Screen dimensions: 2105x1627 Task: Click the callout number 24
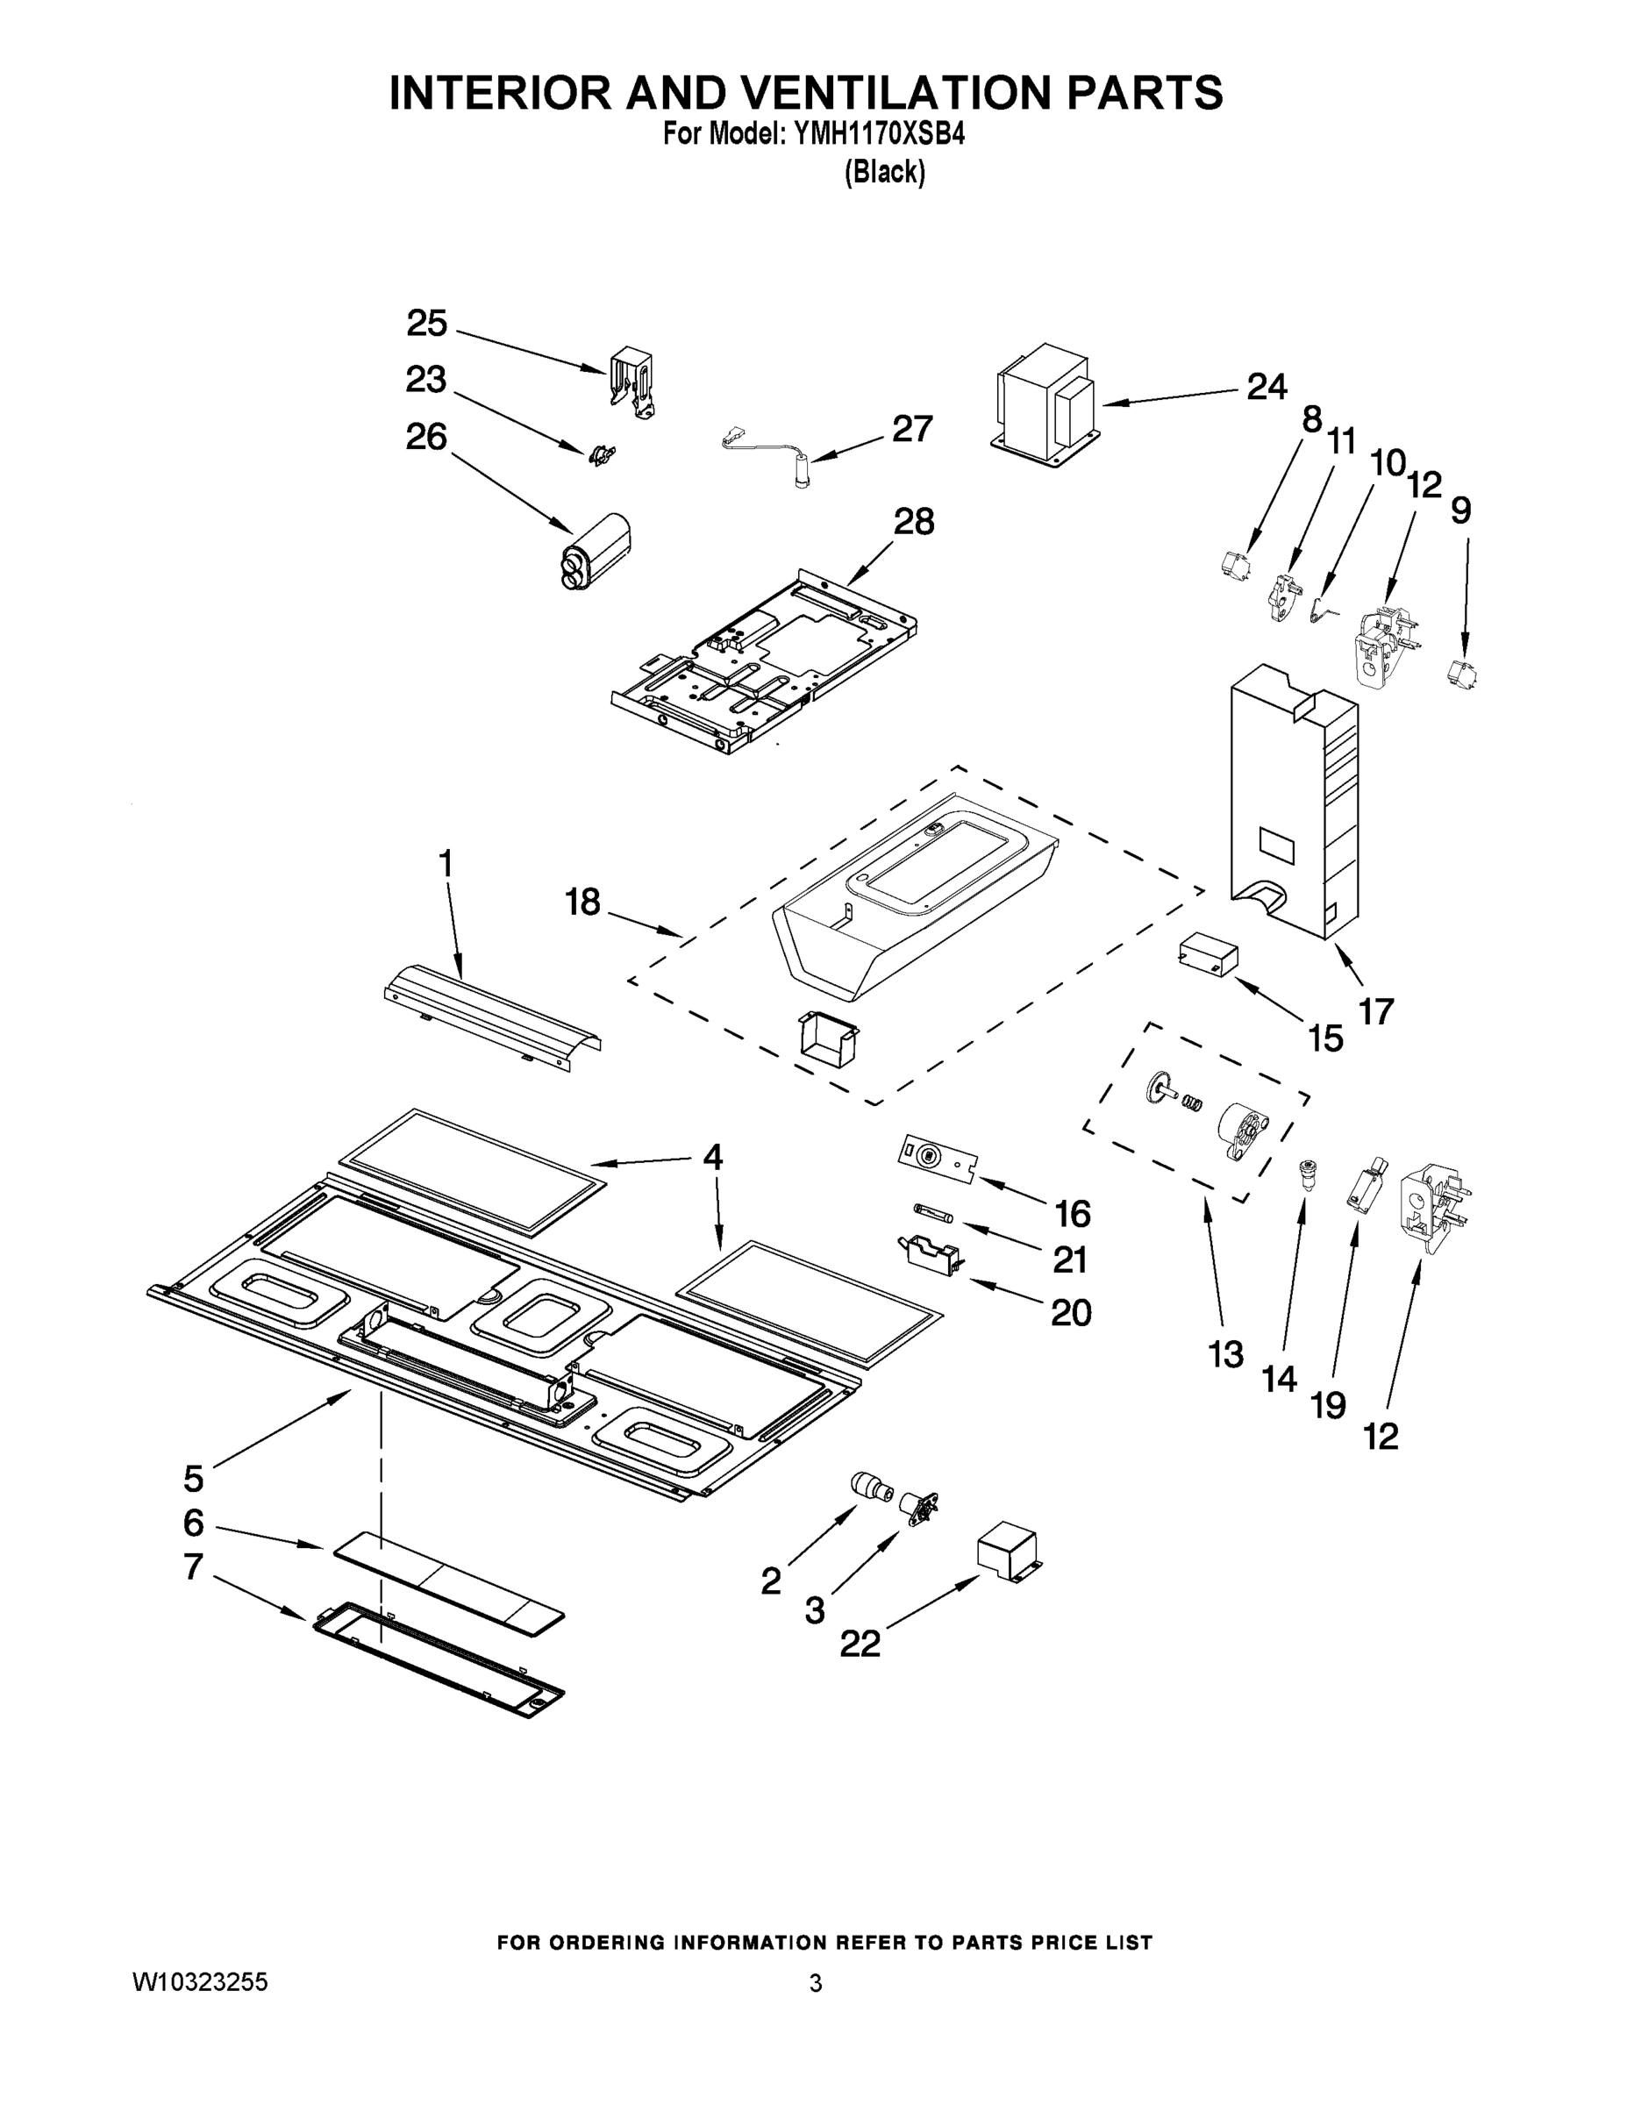click(1267, 388)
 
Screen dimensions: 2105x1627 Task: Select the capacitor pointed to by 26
click(597, 552)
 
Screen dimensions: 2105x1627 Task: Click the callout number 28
click(913, 522)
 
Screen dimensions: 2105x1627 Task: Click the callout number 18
click(583, 903)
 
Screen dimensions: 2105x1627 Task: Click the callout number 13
click(1226, 1354)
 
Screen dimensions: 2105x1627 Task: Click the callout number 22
click(860, 1644)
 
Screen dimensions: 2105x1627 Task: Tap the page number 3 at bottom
click(816, 1984)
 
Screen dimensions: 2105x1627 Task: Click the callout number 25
click(426, 323)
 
